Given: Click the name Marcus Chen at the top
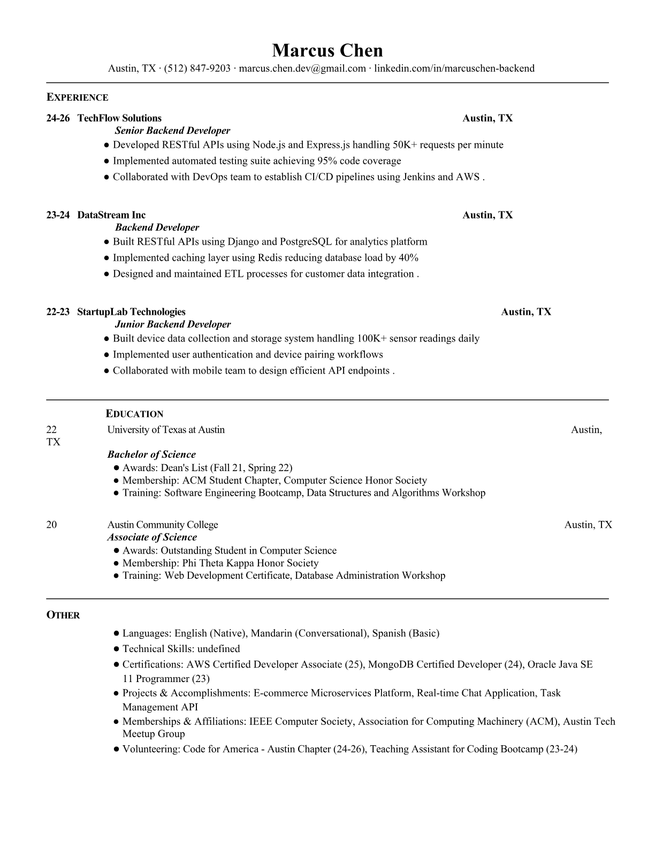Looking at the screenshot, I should coord(327,51).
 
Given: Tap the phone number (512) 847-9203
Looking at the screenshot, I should coord(197,69).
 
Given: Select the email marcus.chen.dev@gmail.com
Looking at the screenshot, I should coord(302,69).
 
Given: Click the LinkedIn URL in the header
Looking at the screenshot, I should coord(454,69).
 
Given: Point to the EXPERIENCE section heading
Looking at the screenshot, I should coord(78,97).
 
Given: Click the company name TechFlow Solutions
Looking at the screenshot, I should coord(119,118).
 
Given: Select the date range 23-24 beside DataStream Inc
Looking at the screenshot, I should coord(58,215).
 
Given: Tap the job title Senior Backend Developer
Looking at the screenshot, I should coord(172,131).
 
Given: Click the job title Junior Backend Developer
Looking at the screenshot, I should coord(173,324).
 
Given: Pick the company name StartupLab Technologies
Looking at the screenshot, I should coord(131,312).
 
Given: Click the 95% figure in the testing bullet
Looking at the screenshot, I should coord(327,161).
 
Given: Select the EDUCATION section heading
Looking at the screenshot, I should coord(135,414).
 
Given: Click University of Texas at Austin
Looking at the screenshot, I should coord(166,430).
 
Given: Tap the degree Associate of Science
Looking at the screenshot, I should coord(152,537).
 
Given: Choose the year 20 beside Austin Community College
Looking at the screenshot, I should coord(51,525).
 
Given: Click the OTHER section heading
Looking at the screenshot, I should coord(63,615).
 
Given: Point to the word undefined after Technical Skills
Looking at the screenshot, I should coord(218,649).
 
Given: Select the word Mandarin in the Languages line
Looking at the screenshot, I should coord(271,633).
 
